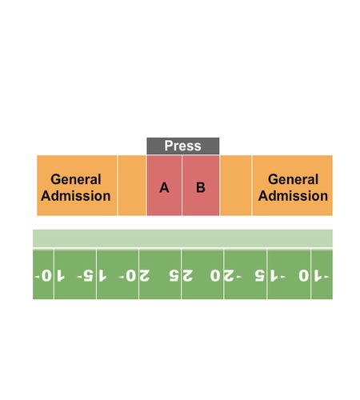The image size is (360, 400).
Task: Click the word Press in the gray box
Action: coord(182,146)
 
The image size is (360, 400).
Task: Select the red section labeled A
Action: coord(164,186)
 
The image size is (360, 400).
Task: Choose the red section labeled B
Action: coord(201,186)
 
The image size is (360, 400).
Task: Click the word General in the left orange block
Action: coord(76,179)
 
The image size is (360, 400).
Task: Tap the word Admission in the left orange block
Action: coord(76,196)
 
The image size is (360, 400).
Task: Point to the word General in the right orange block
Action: coord(293,179)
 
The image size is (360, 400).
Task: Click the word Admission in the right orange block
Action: coord(293,196)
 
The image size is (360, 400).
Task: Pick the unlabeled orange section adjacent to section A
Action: coord(132,186)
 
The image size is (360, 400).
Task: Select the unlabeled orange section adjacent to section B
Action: coord(236,186)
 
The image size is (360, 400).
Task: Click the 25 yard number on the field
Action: coord(181,275)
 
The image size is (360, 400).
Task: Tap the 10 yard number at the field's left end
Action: coord(50,275)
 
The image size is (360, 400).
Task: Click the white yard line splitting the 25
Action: coord(181,274)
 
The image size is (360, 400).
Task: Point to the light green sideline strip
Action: coord(182,238)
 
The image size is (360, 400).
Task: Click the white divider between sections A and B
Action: coord(182,186)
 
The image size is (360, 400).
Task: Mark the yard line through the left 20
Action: coord(138,274)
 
